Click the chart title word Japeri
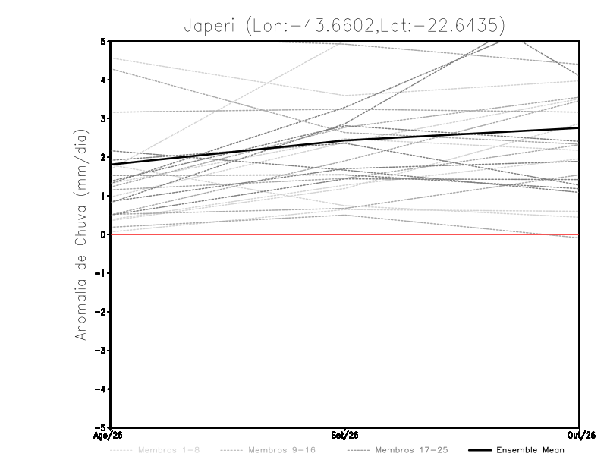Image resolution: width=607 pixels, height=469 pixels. pyautogui.click(x=209, y=26)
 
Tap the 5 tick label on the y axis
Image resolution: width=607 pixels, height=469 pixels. pyautogui.click(x=103, y=42)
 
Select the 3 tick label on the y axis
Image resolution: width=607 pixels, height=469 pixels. pyautogui.click(x=103, y=118)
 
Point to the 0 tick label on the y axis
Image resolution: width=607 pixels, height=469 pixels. pyautogui.click(x=103, y=234)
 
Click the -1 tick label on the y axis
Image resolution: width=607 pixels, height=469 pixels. pyautogui.click(x=100, y=273)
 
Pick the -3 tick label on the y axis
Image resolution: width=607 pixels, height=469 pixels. pyautogui.click(x=100, y=351)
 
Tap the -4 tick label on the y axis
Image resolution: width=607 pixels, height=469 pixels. pyautogui.click(x=100, y=389)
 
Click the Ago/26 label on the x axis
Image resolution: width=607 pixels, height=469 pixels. pyautogui.click(x=108, y=436)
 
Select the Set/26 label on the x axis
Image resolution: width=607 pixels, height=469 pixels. pyautogui.click(x=344, y=436)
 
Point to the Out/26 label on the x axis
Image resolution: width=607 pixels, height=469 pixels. pyautogui.click(x=581, y=436)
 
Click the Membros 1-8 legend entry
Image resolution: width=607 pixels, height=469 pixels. pyautogui.click(x=155, y=450)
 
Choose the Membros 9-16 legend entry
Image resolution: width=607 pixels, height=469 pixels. pyautogui.click(x=268, y=450)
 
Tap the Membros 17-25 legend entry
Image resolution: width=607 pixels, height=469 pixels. pyautogui.click(x=398, y=450)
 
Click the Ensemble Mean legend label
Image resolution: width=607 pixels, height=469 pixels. pyautogui.click(x=530, y=450)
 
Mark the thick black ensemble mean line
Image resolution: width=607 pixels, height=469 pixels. pyautogui.click(x=344, y=141)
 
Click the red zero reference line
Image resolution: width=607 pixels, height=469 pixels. pyautogui.click(x=344, y=234)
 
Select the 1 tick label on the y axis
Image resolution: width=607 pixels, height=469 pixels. pyautogui.click(x=103, y=196)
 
